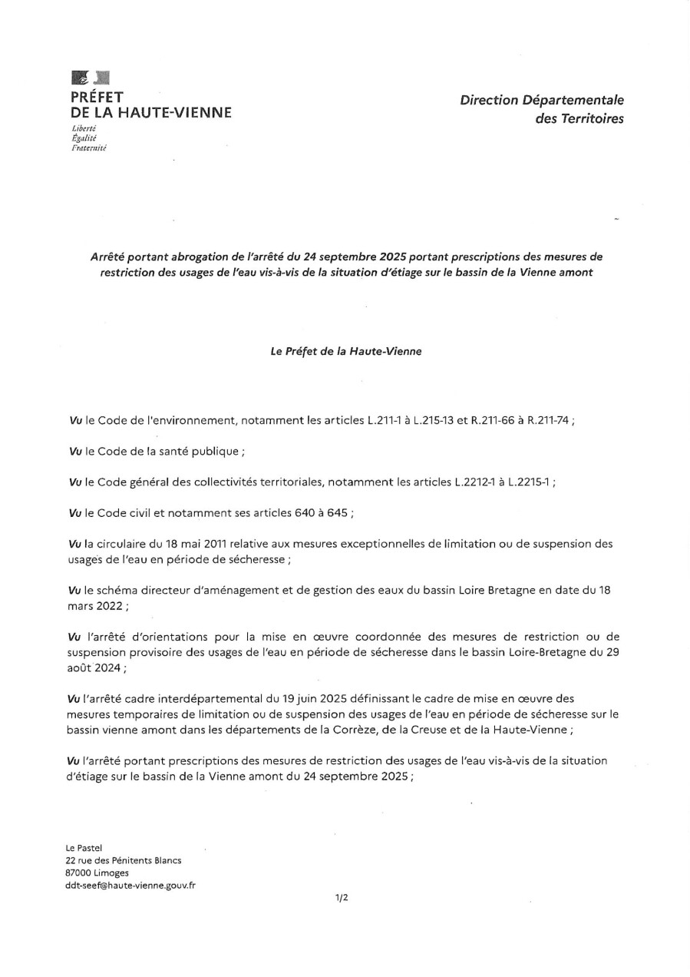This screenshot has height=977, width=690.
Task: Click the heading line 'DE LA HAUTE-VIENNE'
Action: tap(150, 113)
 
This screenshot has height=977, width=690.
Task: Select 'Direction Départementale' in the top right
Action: tap(542, 100)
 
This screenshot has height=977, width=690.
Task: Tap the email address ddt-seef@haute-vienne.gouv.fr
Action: tap(130, 885)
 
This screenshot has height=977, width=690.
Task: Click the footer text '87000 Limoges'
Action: tap(97, 873)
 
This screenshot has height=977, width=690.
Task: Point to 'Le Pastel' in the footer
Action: tap(84, 847)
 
